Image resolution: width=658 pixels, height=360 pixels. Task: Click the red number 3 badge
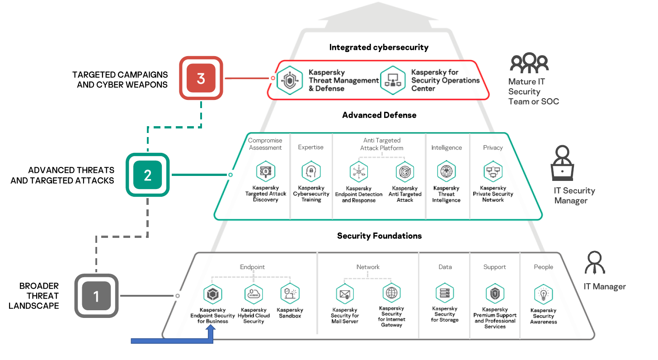tap(201, 78)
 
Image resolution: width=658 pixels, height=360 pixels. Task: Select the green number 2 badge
tap(147, 175)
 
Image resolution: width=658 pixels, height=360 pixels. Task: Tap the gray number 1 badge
tap(96, 296)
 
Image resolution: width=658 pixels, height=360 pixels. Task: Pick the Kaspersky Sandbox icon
tap(289, 294)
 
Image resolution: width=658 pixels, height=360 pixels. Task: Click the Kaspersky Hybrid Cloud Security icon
tap(253, 294)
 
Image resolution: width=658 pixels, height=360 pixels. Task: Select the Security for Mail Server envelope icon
tap(345, 294)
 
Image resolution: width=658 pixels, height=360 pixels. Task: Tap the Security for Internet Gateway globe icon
tap(391, 293)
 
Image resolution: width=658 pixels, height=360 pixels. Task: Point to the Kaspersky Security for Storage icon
tap(445, 293)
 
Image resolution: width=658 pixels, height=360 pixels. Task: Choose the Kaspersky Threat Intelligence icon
tap(446, 172)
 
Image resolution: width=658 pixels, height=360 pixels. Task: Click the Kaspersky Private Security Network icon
tap(493, 172)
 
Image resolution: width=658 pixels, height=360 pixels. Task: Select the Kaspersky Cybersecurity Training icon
tap(311, 172)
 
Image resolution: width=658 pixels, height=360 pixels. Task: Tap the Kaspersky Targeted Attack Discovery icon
tap(265, 172)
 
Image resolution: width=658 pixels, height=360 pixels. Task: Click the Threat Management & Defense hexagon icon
tap(289, 81)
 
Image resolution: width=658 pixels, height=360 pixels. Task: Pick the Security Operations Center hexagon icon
tap(392, 81)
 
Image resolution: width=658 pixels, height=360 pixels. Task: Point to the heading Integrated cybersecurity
tap(379, 47)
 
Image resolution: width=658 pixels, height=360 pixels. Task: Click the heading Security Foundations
tap(379, 236)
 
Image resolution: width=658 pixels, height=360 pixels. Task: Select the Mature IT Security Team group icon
tap(529, 63)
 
